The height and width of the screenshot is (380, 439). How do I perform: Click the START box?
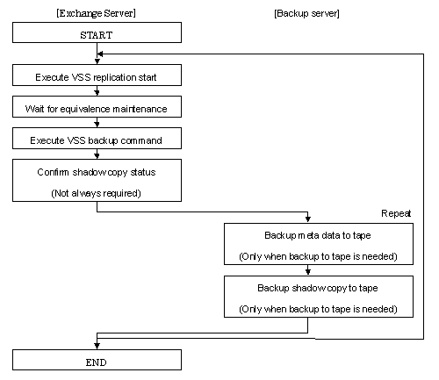(x=97, y=32)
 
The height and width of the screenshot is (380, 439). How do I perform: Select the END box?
(x=97, y=360)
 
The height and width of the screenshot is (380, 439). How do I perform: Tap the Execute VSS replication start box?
(x=97, y=75)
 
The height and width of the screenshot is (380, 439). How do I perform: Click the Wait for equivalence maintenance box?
(x=97, y=107)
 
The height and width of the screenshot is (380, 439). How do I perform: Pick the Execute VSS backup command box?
(x=97, y=139)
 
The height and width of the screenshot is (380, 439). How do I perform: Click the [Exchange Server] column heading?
(x=96, y=13)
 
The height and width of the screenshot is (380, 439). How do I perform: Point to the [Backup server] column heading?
(x=306, y=13)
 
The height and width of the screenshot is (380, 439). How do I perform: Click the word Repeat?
(x=396, y=213)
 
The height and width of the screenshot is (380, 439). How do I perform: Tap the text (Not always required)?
(x=96, y=193)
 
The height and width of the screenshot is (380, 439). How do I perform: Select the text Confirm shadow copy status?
(x=97, y=172)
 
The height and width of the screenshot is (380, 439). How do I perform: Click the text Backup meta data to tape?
(x=318, y=235)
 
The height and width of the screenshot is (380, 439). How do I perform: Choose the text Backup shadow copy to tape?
(x=318, y=288)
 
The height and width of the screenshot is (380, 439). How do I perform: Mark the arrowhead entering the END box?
(x=97, y=347)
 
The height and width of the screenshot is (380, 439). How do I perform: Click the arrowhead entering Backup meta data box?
(x=308, y=219)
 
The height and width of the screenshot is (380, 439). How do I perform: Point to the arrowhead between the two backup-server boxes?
(x=308, y=272)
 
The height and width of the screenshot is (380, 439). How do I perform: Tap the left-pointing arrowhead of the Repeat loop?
(x=100, y=54)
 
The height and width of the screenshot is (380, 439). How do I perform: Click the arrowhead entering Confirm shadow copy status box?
(x=97, y=155)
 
